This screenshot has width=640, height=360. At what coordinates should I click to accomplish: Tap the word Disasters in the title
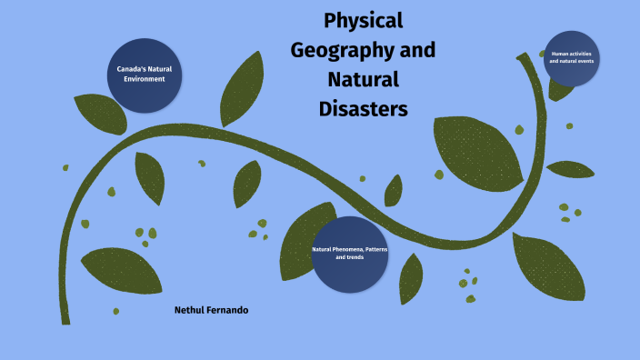click(364, 108)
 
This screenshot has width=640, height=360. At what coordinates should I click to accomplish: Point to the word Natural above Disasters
click(363, 78)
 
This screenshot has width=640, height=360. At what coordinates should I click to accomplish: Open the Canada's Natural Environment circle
click(145, 75)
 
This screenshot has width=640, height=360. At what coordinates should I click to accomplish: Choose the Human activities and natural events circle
click(571, 57)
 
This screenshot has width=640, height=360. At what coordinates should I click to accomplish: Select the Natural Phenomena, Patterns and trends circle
click(349, 254)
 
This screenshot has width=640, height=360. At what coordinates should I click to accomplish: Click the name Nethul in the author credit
click(192, 310)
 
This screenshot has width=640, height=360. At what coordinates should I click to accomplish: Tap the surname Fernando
click(230, 310)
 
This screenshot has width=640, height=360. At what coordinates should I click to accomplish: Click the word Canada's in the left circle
click(132, 69)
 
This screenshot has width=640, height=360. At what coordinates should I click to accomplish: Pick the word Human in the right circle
click(558, 53)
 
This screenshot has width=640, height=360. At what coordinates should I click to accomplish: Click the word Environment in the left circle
click(145, 79)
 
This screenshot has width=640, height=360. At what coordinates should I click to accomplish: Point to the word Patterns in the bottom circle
click(375, 249)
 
